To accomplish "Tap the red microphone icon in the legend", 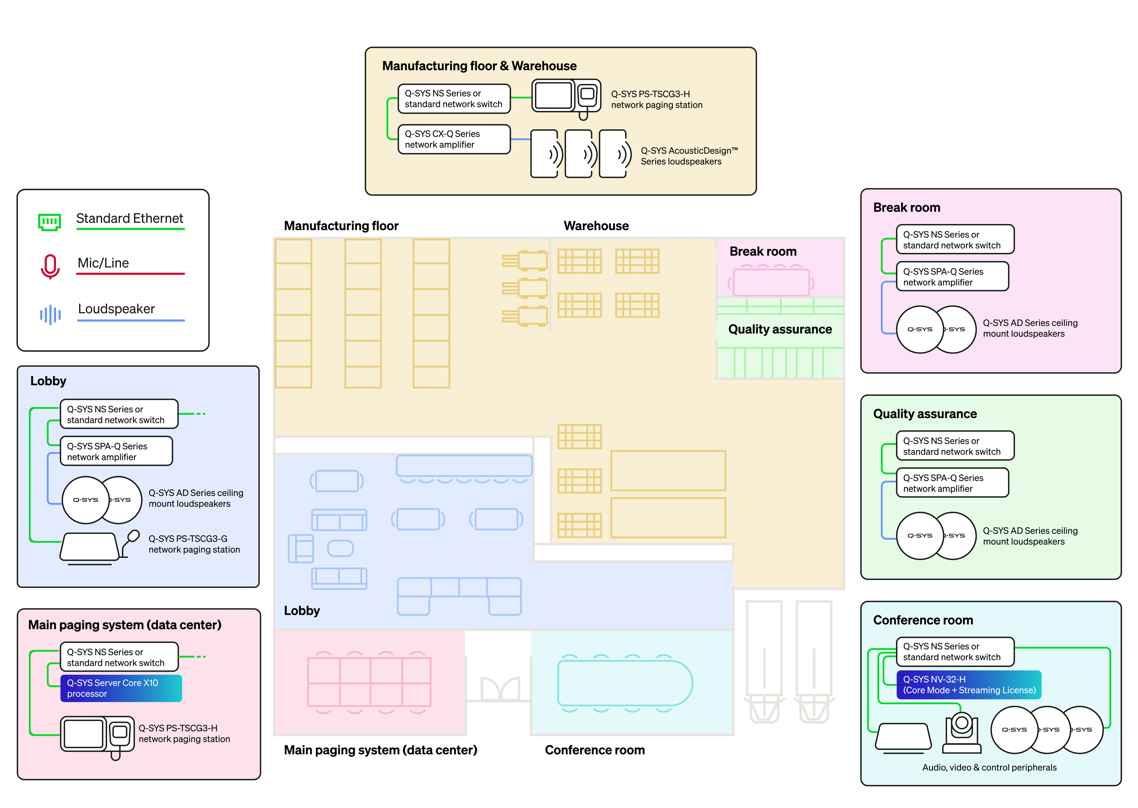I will tap(50, 266).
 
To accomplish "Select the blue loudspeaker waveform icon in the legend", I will tap(50, 315).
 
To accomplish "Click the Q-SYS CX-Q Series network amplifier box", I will tap(454, 139).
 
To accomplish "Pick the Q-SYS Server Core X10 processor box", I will tap(121, 688).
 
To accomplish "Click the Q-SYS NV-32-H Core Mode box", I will tap(968, 685).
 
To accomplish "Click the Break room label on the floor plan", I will tap(763, 251).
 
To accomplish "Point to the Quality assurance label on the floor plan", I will tap(780, 329).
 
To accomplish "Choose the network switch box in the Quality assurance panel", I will tap(955, 446).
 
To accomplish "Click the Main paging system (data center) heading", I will tap(124, 625).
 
